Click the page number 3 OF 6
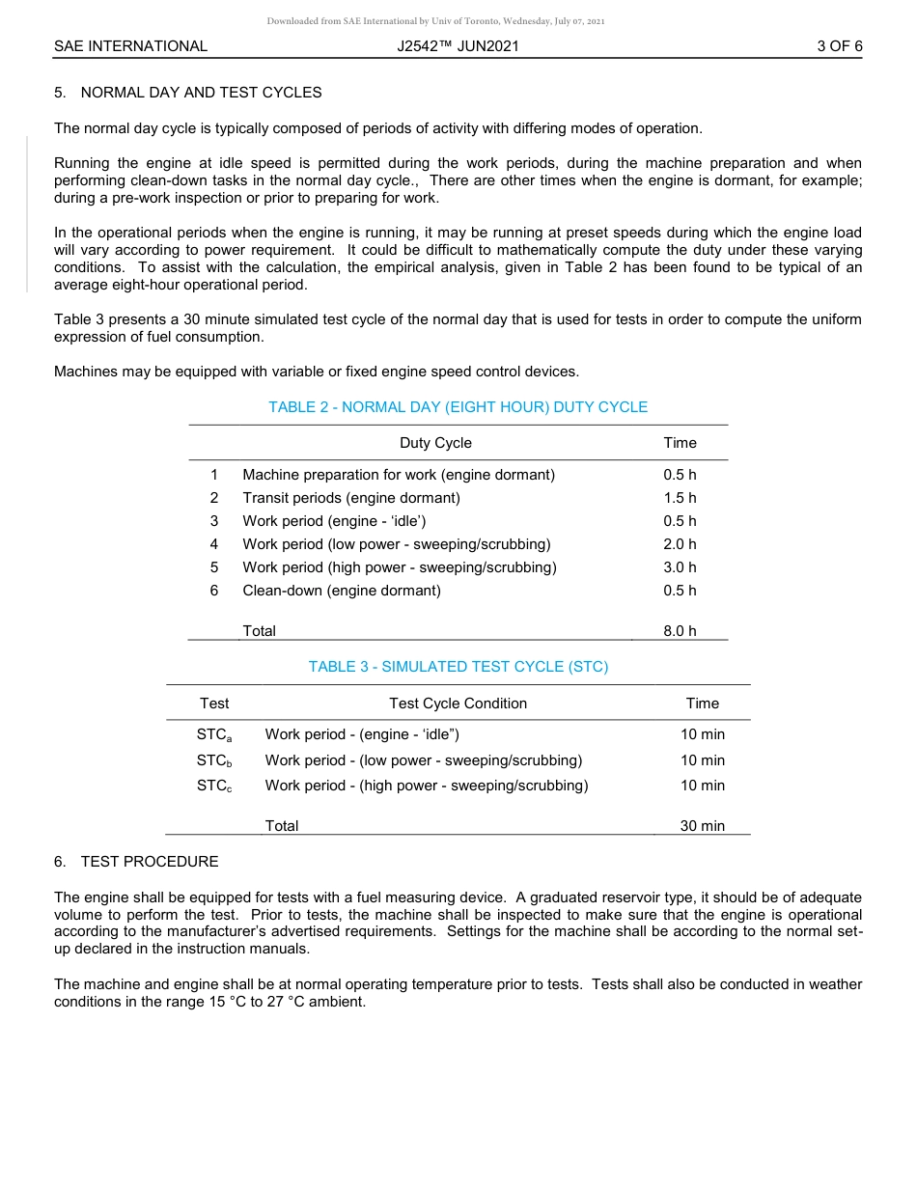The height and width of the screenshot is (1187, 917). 839,45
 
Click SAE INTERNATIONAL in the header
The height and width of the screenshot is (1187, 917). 130,45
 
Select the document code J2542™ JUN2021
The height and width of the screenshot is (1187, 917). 458,45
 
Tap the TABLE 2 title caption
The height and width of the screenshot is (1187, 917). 458,407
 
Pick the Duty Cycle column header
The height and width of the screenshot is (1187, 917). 435,443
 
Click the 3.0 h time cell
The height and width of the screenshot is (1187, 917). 680,567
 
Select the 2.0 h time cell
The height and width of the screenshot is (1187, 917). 680,544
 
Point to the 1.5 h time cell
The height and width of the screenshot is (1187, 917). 680,498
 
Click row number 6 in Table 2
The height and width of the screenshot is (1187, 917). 214,591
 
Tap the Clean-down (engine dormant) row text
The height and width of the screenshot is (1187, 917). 341,591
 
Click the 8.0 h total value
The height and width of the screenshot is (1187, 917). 680,631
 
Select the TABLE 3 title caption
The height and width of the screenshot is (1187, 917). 458,667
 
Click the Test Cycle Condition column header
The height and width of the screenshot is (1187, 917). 458,704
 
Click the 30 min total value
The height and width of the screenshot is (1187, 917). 702,826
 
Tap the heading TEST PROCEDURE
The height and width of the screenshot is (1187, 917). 150,862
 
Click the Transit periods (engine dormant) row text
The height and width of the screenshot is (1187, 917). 351,498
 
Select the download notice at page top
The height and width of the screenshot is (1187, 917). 435,20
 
